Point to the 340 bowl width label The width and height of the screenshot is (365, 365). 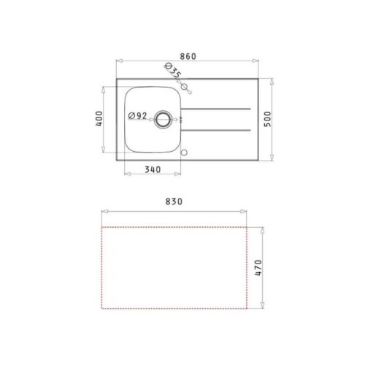152,169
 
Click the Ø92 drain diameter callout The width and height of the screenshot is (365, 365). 138,116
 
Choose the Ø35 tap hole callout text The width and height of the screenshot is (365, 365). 173,71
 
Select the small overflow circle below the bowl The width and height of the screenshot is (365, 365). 184,153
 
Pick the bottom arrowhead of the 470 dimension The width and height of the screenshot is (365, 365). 263,307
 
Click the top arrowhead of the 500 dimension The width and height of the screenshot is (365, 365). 272,80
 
